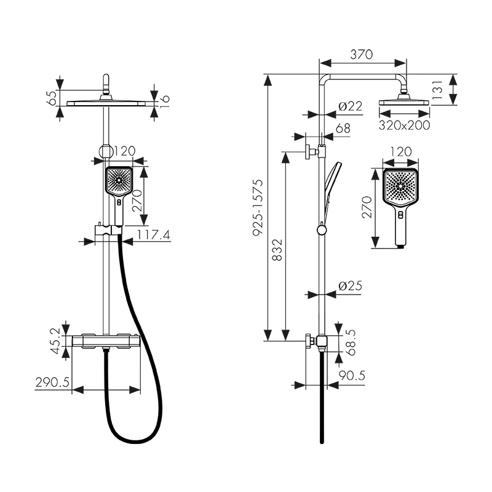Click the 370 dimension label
coord(362,55)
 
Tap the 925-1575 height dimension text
coord(258,207)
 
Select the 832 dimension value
coord(277,250)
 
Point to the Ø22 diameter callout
coord(351,106)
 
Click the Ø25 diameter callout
coord(351,286)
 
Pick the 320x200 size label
coord(404,125)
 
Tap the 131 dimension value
coord(437,90)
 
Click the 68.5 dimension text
coord(350,343)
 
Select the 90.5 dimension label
coord(352,375)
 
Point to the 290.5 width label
coord(52,383)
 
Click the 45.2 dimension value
coord(55,341)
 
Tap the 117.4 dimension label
coord(154,235)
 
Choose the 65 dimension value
coord(52,98)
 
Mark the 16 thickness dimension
coord(164,101)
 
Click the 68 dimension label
coord(343,129)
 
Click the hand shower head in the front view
coord(119,180)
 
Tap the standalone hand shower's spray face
coord(401,186)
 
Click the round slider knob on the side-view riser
coord(322,230)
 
